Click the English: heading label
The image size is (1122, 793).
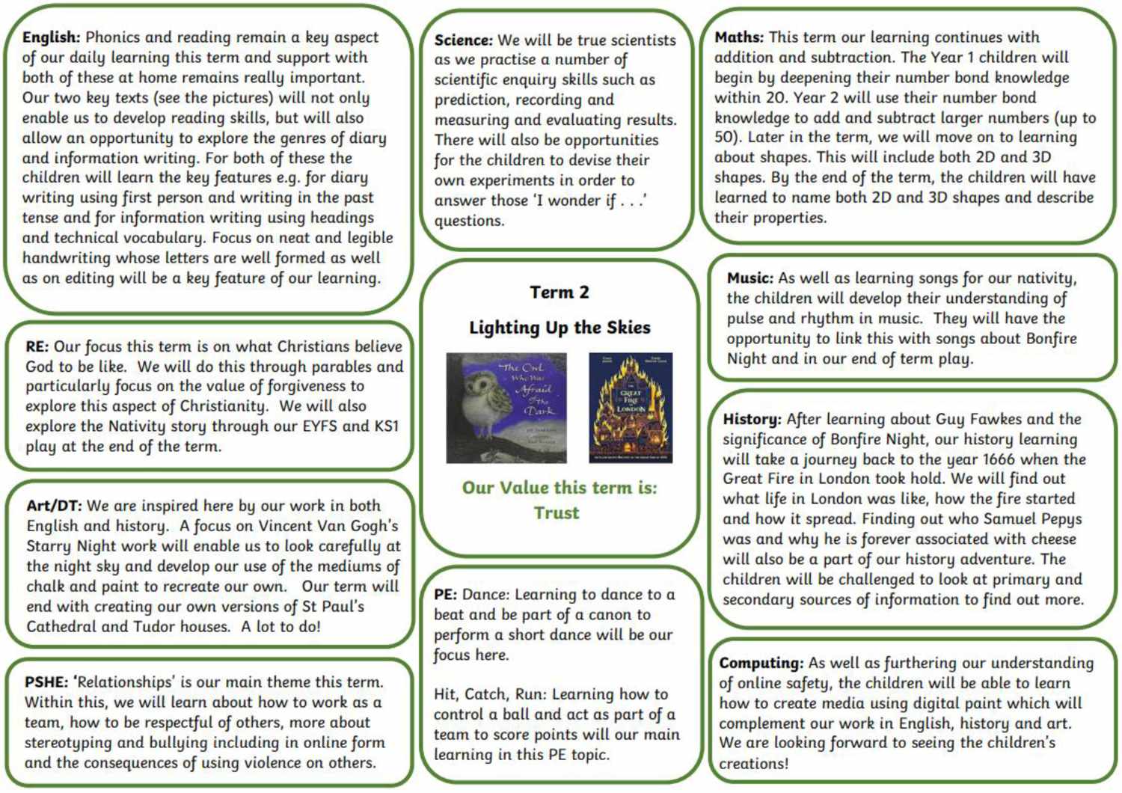click(x=51, y=37)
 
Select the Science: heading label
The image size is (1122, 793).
click(x=464, y=40)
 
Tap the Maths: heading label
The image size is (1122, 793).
click(x=739, y=37)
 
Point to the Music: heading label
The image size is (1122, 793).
click(x=749, y=278)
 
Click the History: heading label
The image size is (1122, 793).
click(x=752, y=420)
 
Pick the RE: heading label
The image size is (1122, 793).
click(x=37, y=347)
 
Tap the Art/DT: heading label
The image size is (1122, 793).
click(x=54, y=506)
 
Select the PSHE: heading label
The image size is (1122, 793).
click(x=46, y=682)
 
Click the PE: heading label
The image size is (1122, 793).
click(x=445, y=595)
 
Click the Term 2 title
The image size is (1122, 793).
click(x=560, y=293)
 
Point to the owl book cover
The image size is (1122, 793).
click(x=506, y=408)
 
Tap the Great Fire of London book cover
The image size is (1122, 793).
click(x=631, y=408)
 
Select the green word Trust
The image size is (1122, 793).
click(x=557, y=513)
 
